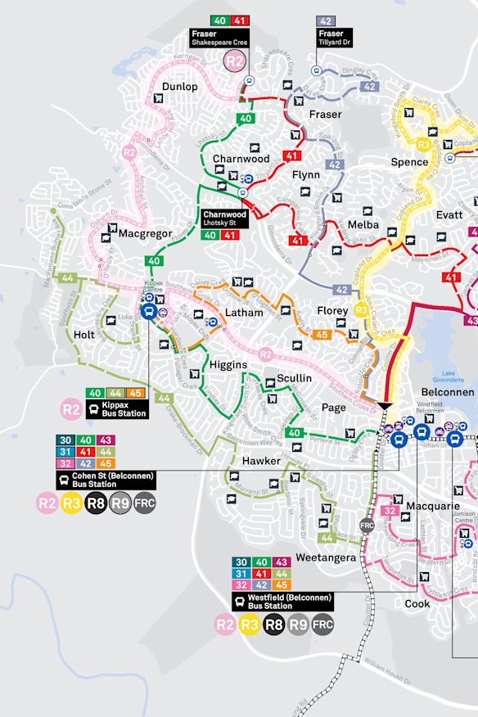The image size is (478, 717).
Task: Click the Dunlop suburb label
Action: coord(179,87)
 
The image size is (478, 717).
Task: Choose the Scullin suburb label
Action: coord(294,378)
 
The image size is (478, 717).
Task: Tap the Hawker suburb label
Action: coord(261,462)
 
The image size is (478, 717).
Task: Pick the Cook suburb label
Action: coord(417,603)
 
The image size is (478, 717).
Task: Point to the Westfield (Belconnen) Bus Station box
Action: coord(282,601)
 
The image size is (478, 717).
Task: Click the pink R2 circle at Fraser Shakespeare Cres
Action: coord(235,60)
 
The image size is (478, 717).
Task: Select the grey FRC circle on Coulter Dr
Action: coord(367,525)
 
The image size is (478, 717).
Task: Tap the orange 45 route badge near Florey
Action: coord(322,334)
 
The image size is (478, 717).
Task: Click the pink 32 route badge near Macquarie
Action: coord(390,512)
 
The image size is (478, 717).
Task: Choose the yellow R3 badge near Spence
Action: coord(423,145)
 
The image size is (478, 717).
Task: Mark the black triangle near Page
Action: coord(385,407)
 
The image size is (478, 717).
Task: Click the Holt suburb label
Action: coord(84,335)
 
